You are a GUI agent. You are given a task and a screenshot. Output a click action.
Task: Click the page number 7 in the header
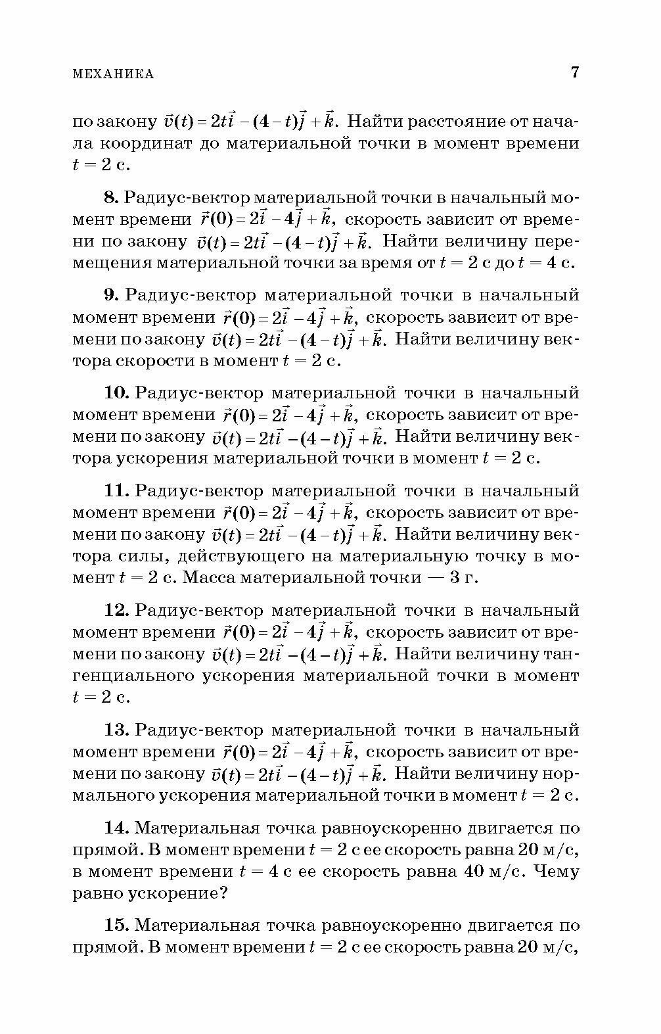(x=575, y=72)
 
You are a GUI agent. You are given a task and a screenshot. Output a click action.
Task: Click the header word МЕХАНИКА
(x=113, y=74)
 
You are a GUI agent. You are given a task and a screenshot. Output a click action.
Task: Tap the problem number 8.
(x=110, y=197)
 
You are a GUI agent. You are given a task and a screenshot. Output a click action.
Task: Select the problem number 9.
(x=110, y=295)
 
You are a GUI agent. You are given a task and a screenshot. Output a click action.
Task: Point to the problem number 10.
(x=116, y=393)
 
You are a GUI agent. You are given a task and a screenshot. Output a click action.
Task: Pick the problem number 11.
(x=116, y=491)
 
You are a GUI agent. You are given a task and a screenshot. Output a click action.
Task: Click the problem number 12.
(x=116, y=611)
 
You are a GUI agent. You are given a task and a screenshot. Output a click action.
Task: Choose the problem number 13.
(x=116, y=730)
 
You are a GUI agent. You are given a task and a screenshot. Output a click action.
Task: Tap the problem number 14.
(x=116, y=828)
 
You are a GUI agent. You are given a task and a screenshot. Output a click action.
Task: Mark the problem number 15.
(x=116, y=926)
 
